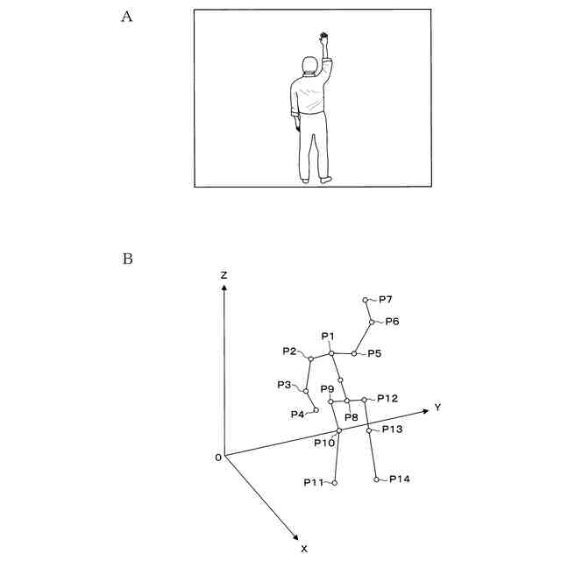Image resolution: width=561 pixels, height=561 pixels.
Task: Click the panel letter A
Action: (126, 17)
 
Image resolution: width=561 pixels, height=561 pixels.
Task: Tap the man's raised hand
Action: (324, 39)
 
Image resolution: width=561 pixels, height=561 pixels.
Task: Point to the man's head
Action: (309, 65)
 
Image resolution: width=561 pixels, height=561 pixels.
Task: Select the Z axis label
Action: (224, 275)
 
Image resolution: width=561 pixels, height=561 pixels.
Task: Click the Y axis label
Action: (437, 408)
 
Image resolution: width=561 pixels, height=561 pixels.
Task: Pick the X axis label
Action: (304, 548)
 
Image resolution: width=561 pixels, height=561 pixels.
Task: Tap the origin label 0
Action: (217, 458)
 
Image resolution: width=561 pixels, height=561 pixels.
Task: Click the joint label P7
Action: (386, 300)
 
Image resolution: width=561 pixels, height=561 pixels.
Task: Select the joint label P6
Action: (392, 322)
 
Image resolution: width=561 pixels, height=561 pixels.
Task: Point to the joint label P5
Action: (374, 353)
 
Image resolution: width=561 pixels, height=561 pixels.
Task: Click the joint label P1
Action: (329, 337)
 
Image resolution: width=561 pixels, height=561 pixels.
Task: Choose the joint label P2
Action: (290, 352)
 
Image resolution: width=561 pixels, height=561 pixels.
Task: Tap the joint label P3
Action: (284, 385)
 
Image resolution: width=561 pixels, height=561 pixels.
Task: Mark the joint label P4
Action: (298, 414)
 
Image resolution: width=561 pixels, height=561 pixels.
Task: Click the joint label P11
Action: (314, 483)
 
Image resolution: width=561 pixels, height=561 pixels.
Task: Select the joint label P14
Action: (400, 479)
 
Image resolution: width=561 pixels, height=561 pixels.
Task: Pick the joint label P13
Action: (392, 430)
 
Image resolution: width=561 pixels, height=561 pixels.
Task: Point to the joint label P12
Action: (387, 399)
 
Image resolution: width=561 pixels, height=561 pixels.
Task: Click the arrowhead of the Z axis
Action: (224, 289)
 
